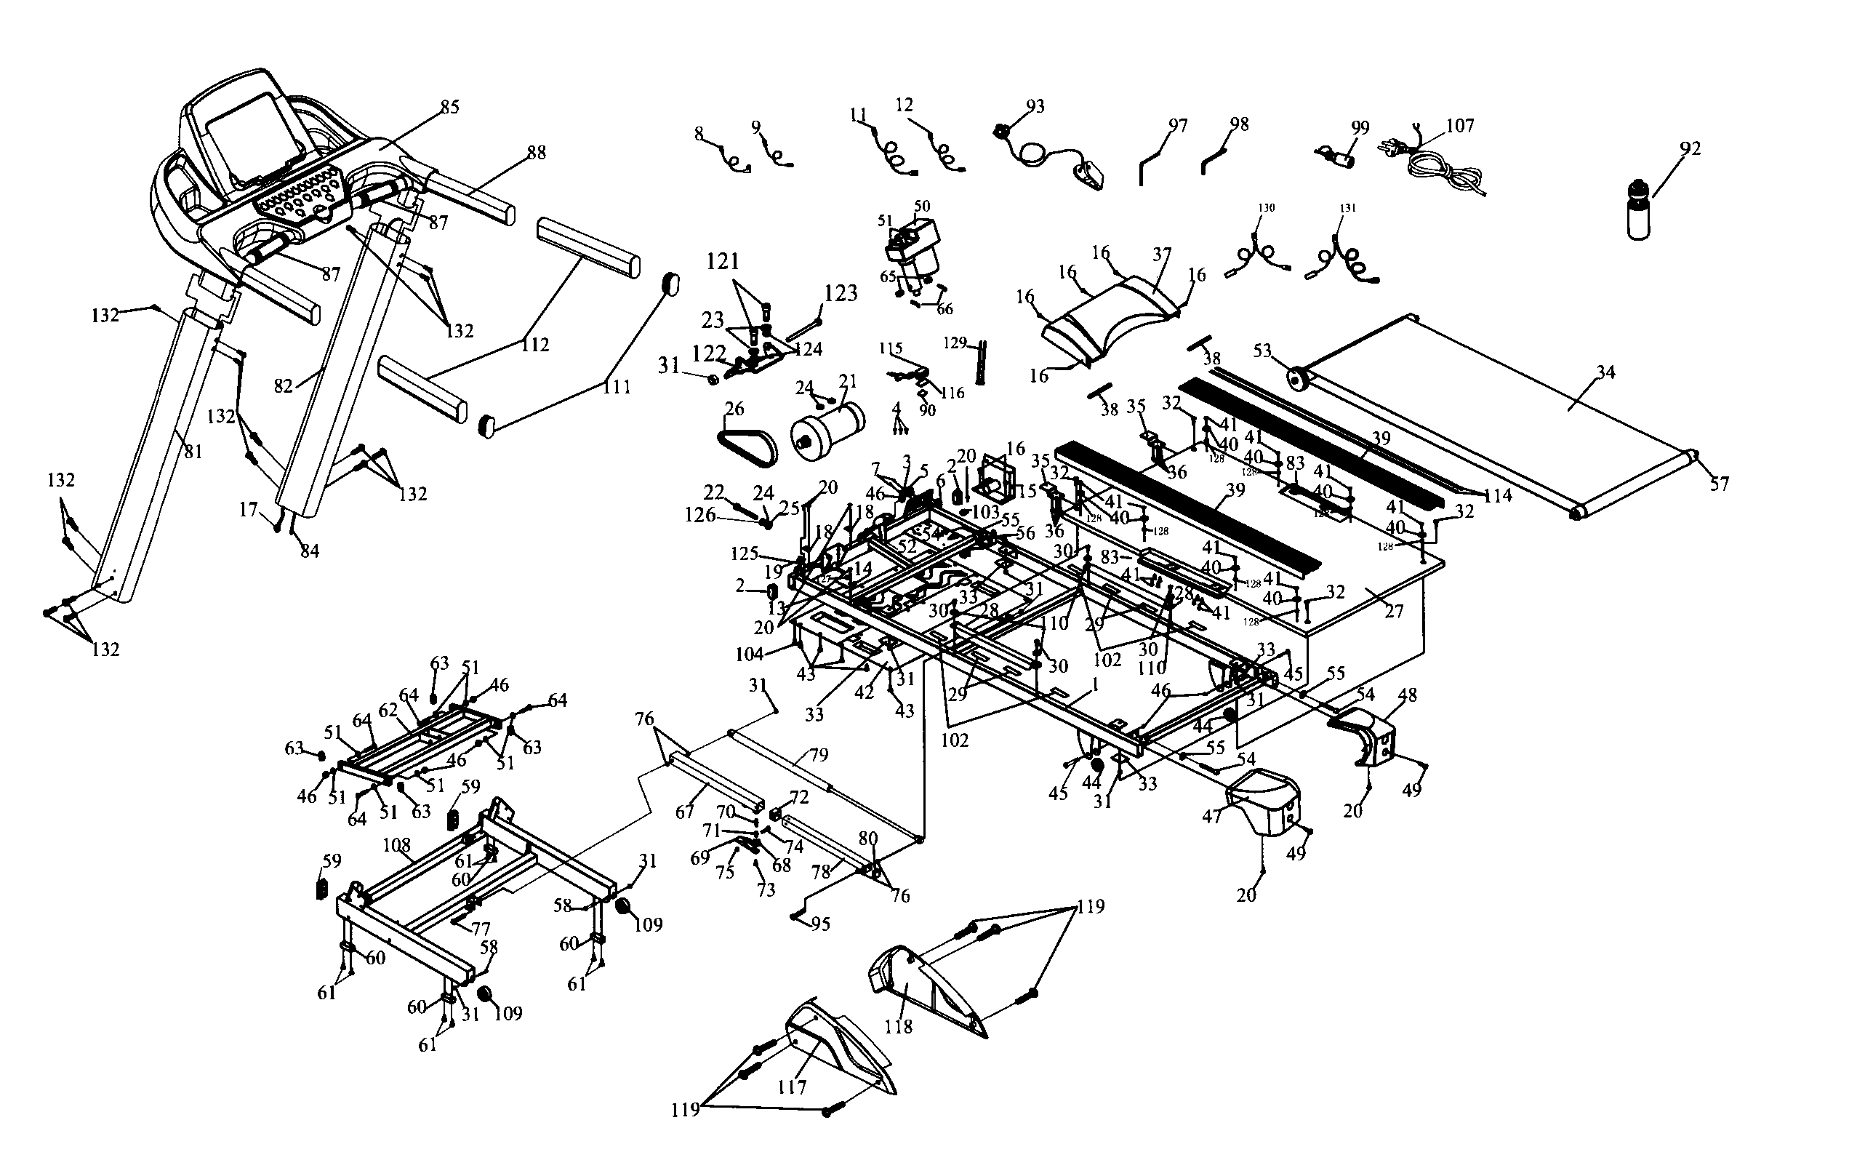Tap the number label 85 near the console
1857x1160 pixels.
point(449,108)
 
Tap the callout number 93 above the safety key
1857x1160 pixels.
point(1035,107)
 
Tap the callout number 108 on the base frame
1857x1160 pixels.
point(396,845)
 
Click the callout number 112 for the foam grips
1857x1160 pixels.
point(534,345)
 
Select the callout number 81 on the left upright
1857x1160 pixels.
point(193,452)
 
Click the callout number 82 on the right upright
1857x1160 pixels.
point(284,386)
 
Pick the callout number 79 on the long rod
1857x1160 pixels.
point(819,755)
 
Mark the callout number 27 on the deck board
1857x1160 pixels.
point(1394,611)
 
